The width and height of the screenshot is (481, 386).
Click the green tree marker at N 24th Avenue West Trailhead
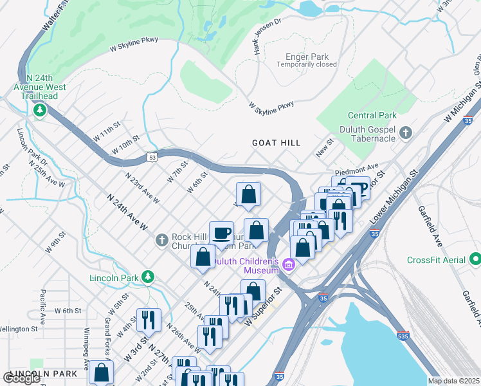(41, 110)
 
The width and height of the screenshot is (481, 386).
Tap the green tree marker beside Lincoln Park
(149, 277)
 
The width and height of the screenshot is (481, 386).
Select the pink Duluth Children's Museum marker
(287, 264)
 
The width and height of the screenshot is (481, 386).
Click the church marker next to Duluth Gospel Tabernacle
(406, 133)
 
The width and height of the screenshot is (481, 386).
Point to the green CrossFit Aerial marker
(475, 260)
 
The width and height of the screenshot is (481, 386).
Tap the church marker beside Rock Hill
(162, 241)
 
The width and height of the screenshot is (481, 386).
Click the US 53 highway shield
(152, 156)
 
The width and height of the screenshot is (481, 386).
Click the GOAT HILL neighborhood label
(276, 143)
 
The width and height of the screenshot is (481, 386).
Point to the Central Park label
(371, 116)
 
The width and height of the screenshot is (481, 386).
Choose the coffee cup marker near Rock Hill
(221, 233)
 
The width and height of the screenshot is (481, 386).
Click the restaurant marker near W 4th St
(149, 319)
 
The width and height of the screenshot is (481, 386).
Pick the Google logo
(22, 378)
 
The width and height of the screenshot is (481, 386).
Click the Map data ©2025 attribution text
(453, 380)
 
